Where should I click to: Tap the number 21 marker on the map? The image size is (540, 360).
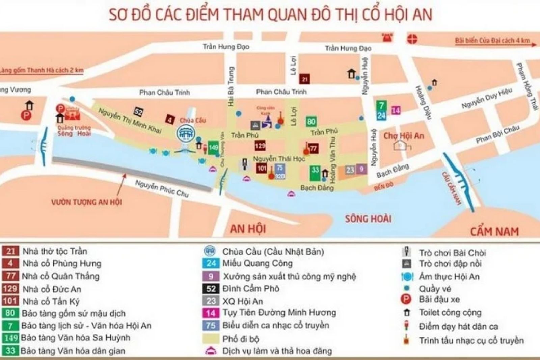(x=305, y=79)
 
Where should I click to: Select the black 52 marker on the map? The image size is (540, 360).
(x=138, y=112)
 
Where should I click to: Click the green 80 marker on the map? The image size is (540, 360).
(x=311, y=122)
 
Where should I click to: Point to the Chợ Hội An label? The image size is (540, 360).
(x=404, y=136)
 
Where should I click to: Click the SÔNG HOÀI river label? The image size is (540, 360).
(x=368, y=219)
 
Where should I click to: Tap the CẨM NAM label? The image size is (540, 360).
(x=494, y=231)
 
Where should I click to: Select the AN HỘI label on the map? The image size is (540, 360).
(x=248, y=229)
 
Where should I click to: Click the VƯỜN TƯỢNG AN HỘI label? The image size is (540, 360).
(x=86, y=202)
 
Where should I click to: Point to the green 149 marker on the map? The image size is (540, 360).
(x=213, y=148)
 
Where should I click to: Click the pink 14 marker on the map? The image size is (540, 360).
(x=396, y=110)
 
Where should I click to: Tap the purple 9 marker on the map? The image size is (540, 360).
(x=361, y=169)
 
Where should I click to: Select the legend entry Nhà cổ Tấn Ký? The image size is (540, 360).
(x=51, y=301)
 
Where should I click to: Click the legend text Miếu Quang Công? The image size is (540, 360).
(x=257, y=263)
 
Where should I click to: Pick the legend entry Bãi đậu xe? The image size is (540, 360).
(x=439, y=299)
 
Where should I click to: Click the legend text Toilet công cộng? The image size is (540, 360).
(x=450, y=313)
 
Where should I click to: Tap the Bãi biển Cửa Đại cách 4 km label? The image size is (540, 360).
(x=492, y=41)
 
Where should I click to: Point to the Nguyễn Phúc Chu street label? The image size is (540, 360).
(x=162, y=188)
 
